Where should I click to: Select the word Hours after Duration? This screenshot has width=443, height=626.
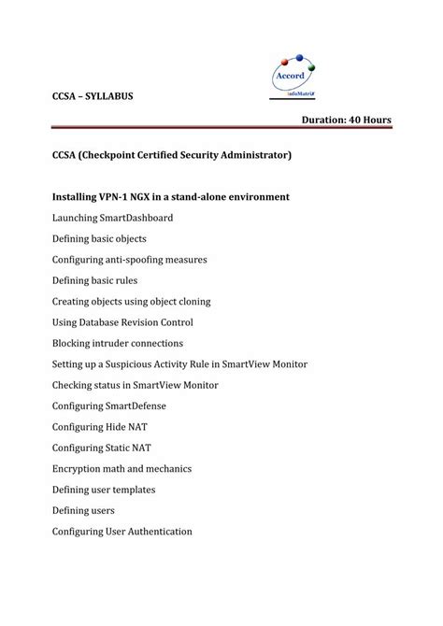pyautogui.click(x=379, y=121)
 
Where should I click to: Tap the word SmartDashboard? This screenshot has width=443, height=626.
pyautogui.click(x=136, y=218)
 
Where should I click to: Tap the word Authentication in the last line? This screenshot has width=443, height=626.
pyautogui.click(x=160, y=532)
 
